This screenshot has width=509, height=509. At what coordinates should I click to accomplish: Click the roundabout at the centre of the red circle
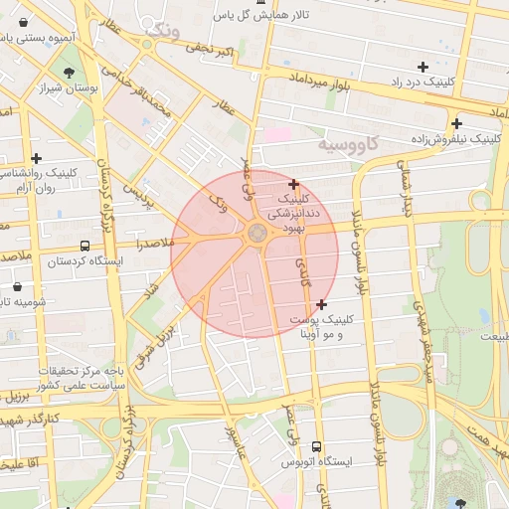[x=255, y=234]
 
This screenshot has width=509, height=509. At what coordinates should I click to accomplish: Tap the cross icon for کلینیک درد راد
[x=423, y=68]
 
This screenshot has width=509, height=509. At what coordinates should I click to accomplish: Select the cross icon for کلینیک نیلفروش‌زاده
[x=456, y=124]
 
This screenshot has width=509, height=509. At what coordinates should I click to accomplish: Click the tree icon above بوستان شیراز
[x=68, y=73]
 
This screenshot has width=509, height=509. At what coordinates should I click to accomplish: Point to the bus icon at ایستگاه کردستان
[x=85, y=246]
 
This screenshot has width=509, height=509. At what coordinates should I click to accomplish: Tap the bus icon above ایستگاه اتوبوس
[x=316, y=447]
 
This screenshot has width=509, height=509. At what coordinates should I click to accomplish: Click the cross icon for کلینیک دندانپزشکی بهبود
[x=293, y=184]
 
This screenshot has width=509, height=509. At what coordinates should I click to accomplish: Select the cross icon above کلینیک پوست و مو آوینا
[x=320, y=304]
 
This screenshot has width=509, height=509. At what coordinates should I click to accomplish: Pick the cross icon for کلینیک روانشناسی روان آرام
[x=37, y=158]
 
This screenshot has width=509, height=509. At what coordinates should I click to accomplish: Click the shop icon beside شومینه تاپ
[x=17, y=286]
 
